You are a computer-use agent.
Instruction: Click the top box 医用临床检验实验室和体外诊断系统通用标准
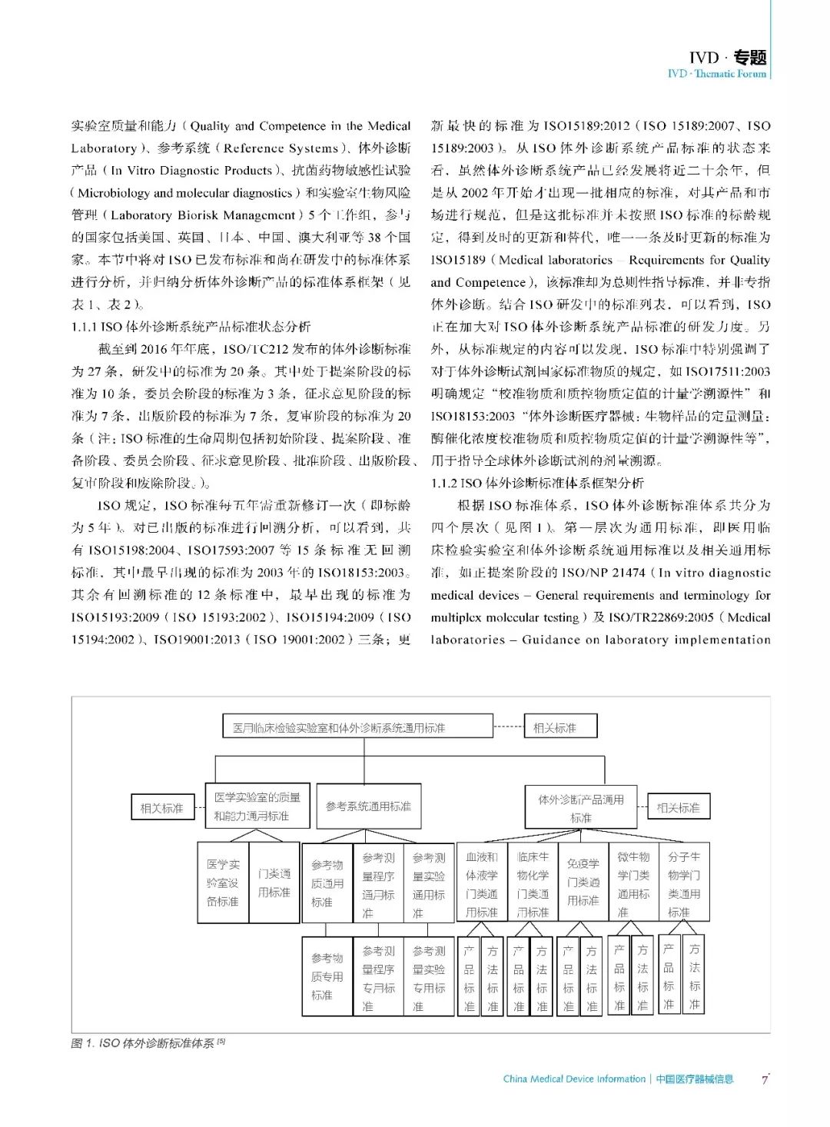(357, 726)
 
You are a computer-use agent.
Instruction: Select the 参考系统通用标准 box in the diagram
(368, 806)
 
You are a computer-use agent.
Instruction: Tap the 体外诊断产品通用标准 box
(581, 808)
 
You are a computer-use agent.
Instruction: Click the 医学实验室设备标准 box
(223, 883)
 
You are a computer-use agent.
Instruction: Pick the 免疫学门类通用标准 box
(583, 883)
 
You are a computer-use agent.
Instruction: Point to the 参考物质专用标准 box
(327, 976)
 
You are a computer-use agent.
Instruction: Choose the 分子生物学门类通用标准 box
(683, 883)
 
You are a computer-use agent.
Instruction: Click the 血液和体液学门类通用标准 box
(482, 883)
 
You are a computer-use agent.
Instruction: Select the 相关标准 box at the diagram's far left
(161, 808)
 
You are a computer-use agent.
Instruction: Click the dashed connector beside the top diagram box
(508, 726)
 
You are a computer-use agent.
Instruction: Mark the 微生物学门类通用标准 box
(633, 883)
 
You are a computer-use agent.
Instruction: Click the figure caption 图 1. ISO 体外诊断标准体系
(146, 1043)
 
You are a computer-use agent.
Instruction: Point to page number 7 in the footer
(765, 1079)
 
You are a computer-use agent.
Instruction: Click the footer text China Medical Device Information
(574, 1079)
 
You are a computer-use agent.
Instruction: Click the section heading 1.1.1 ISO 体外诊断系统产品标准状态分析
(191, 327)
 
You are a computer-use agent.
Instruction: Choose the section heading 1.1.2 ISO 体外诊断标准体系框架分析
(537, 483)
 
